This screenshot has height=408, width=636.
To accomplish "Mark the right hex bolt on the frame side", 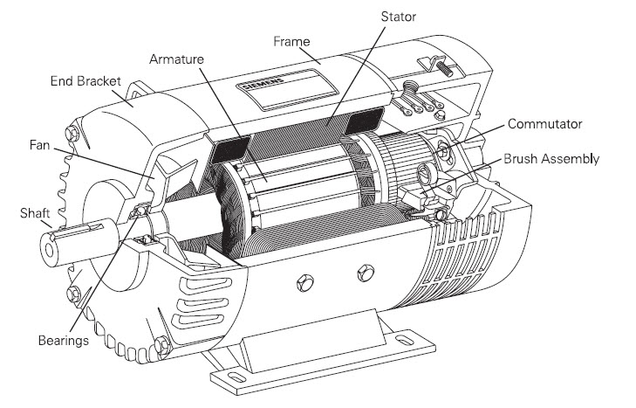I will pos(359,275).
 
